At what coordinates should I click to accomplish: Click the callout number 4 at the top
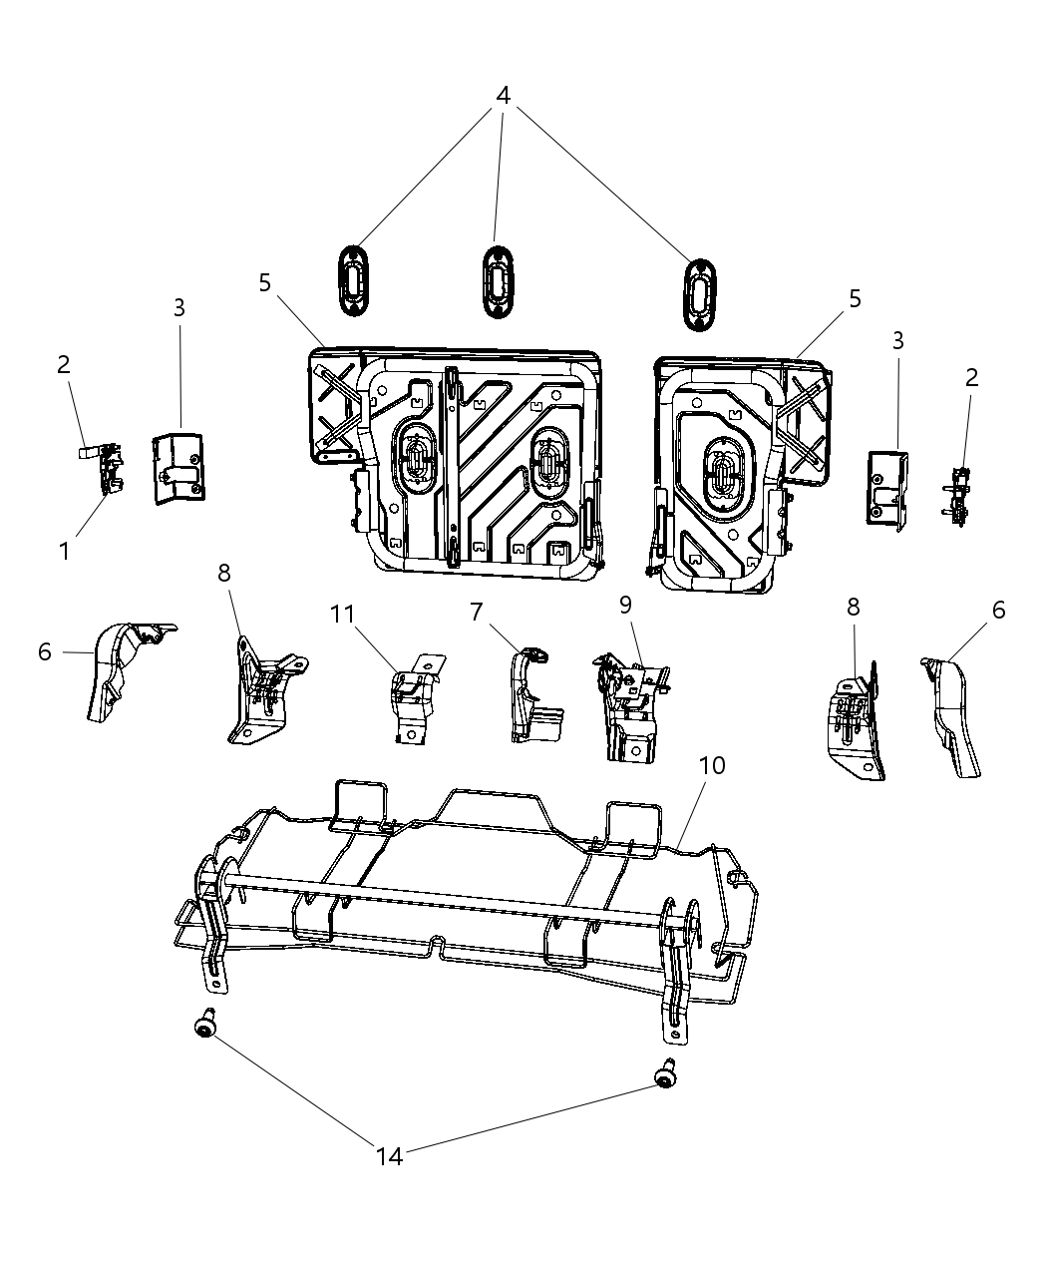pyautogui.click(x=503, y=96)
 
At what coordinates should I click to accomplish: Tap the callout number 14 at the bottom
pyautogui.click(x=390, y=1156)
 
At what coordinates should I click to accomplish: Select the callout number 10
pyautogui.click(x=712, y=766)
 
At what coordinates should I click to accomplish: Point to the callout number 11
pyautogui.click(x=343, y=614)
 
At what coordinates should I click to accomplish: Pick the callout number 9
pyautogui.click(x=625, y=605)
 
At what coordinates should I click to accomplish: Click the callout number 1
pyautogui.click(x=65, y=550)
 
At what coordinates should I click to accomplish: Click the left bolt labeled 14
pyautogui.click(x=205, y=1025)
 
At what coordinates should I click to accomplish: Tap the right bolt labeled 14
pyautogui.click(x=663, y=1075)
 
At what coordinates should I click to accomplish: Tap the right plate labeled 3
pyautogui.click(x=886, y=486)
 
